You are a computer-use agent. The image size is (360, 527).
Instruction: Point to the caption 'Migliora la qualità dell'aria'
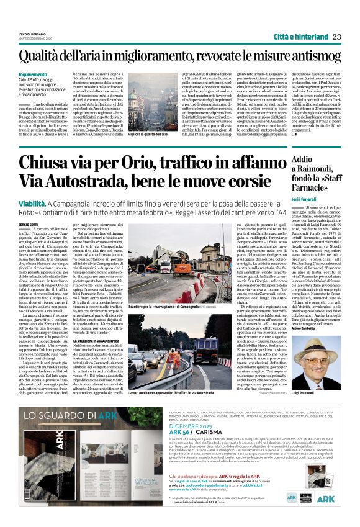[142, 135]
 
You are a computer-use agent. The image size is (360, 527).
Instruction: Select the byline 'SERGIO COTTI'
[28, 223]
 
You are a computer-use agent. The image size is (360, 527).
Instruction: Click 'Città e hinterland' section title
[300, 37]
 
